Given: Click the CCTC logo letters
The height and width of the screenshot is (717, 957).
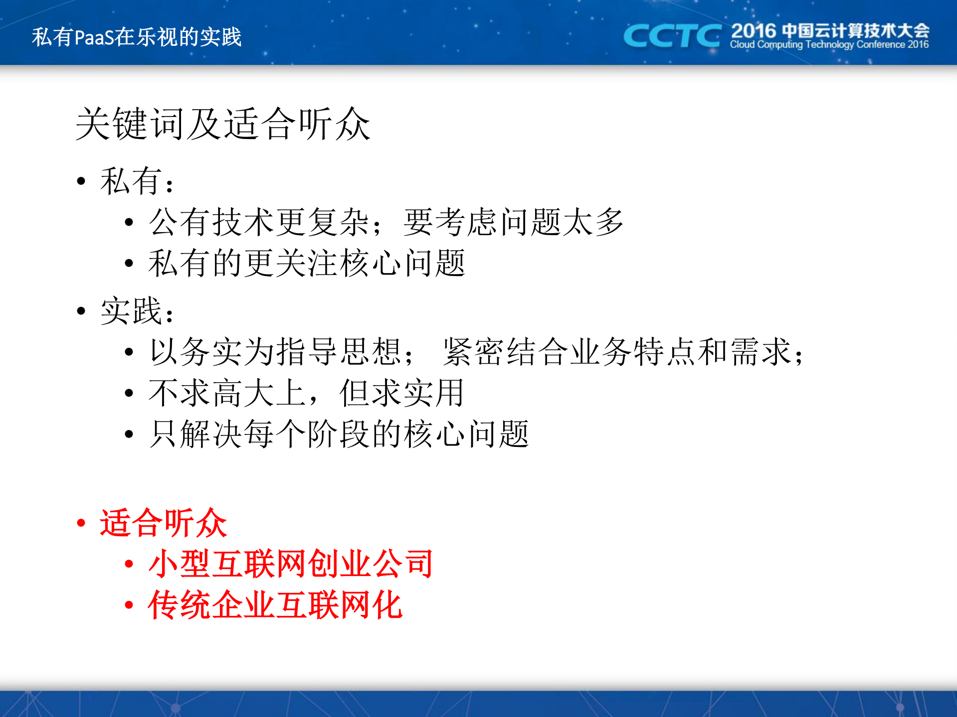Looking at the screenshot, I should coord(672,36).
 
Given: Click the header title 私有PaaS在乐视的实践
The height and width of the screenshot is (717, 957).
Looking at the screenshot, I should coord(137,37).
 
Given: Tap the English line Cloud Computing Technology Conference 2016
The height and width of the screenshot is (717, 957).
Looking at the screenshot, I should coord(829,45).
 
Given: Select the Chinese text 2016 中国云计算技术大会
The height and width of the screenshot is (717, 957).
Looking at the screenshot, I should coord(830,30).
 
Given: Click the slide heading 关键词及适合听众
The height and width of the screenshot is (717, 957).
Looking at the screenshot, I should coord(222,124).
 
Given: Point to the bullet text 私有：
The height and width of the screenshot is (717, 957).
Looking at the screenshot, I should coord(137,181).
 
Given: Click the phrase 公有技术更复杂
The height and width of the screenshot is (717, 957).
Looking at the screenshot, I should coord(259,222).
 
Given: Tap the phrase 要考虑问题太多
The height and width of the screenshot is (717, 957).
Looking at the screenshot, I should coord(514,222).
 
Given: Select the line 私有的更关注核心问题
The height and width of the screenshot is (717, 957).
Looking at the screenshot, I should coord(307,263).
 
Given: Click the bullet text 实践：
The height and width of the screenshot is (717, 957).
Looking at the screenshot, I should coord(137,311).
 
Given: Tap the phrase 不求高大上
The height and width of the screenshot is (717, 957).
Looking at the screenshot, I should coord(227,393).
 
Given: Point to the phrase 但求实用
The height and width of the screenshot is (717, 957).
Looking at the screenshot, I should coord(401,393).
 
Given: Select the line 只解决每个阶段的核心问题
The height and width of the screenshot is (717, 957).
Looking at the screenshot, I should coord(339,434).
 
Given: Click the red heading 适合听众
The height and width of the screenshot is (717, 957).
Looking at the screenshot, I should coord(163,523).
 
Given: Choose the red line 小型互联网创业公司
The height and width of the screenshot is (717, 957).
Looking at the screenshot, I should coord(291,564).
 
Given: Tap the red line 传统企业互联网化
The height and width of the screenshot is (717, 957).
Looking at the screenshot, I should coord(275,605).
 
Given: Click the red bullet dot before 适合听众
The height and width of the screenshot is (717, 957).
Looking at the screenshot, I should coord(81,523).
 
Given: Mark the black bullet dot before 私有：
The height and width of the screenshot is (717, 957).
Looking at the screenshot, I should coord(81,181).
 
